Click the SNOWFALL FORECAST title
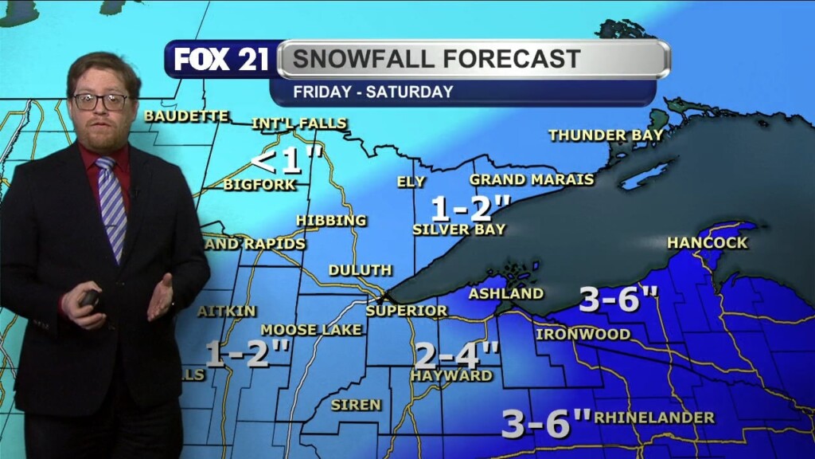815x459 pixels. coord(436,58)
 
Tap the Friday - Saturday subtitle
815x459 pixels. coord(372,92)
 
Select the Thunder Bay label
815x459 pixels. coord(606,135)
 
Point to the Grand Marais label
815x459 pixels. coord(531,179)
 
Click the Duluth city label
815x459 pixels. coord(360,270)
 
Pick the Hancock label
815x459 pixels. coord(707,242)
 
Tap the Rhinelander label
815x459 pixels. coord(653,418)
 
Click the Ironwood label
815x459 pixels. coord(583,334)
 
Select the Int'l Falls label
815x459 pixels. coord(298,124)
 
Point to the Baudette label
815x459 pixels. coord(186,116)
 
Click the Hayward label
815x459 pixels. coord(451,375)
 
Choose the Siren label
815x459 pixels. coord(356,405)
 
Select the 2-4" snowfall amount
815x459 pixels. coord(457,351)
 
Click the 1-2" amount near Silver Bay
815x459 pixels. coord(470,208)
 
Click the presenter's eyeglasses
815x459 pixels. coord(101,101)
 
